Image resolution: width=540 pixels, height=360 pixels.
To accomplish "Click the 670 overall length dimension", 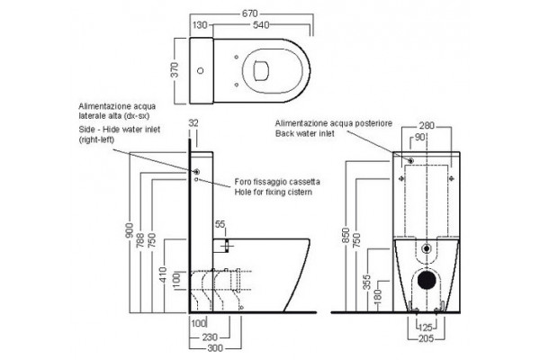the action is point(249,13).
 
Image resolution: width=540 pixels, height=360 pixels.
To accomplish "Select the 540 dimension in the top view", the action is point(261,25).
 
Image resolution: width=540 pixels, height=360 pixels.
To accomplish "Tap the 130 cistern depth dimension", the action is point(200,25).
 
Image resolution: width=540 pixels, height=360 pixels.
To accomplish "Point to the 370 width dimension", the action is point(175,70).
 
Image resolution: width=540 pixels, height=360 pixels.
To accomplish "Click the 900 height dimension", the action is point(130,230).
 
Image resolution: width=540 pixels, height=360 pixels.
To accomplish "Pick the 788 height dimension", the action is point(140,239).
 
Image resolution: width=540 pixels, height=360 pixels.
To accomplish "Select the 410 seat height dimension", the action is point(163,274).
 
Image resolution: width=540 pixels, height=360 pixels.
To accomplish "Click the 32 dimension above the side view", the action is point(193,123).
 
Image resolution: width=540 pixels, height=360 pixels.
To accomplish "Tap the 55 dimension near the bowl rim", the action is point(220,224).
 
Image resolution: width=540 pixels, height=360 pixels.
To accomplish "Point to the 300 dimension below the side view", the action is point(215,348).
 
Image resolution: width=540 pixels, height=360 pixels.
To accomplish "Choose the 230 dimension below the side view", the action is point(210,337).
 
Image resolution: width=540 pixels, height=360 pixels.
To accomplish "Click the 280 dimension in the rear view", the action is point(427,125).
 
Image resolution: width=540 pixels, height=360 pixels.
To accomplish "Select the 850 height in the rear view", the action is point(346,235).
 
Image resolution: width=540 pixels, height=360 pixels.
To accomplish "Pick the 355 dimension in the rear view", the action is point(367,282).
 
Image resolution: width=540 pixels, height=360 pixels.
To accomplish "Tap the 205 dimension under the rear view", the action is point(426,338).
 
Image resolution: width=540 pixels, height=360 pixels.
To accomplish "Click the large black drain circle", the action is point(427,279).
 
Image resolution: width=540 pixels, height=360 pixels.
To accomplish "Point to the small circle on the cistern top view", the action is point(200,70).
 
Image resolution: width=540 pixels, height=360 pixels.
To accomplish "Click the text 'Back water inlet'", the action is point(304,133).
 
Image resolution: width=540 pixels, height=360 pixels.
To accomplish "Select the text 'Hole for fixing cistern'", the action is point(274,192).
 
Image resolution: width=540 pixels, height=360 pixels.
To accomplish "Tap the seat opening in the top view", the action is point(261,71).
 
